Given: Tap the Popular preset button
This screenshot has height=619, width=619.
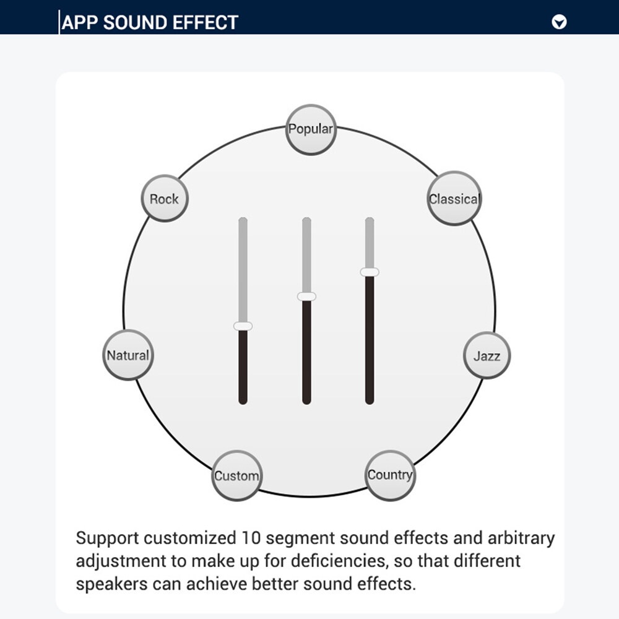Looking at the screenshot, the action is tap(311, 129).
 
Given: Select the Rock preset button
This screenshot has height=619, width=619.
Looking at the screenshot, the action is tap(164, 199).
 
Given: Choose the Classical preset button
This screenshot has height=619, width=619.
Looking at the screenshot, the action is tap(454, 198).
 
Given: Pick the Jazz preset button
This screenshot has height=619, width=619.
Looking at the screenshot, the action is tap(487, 355).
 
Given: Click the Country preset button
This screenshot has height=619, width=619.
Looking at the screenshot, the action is tap(389, 475).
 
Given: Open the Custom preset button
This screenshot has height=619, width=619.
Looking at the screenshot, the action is tap(236, 476).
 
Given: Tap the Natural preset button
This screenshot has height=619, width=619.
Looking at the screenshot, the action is tap(128, 355).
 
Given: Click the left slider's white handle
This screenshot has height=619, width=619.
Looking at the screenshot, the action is tap(243, 326).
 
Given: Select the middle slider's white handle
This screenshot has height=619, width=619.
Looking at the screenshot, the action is tap(306, 297).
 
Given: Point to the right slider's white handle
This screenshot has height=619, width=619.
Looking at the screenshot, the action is tap(370, 272).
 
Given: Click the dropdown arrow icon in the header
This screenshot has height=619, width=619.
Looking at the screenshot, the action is tap(559, 22).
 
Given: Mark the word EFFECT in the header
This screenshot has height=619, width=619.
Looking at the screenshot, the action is tap(206, 23).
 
